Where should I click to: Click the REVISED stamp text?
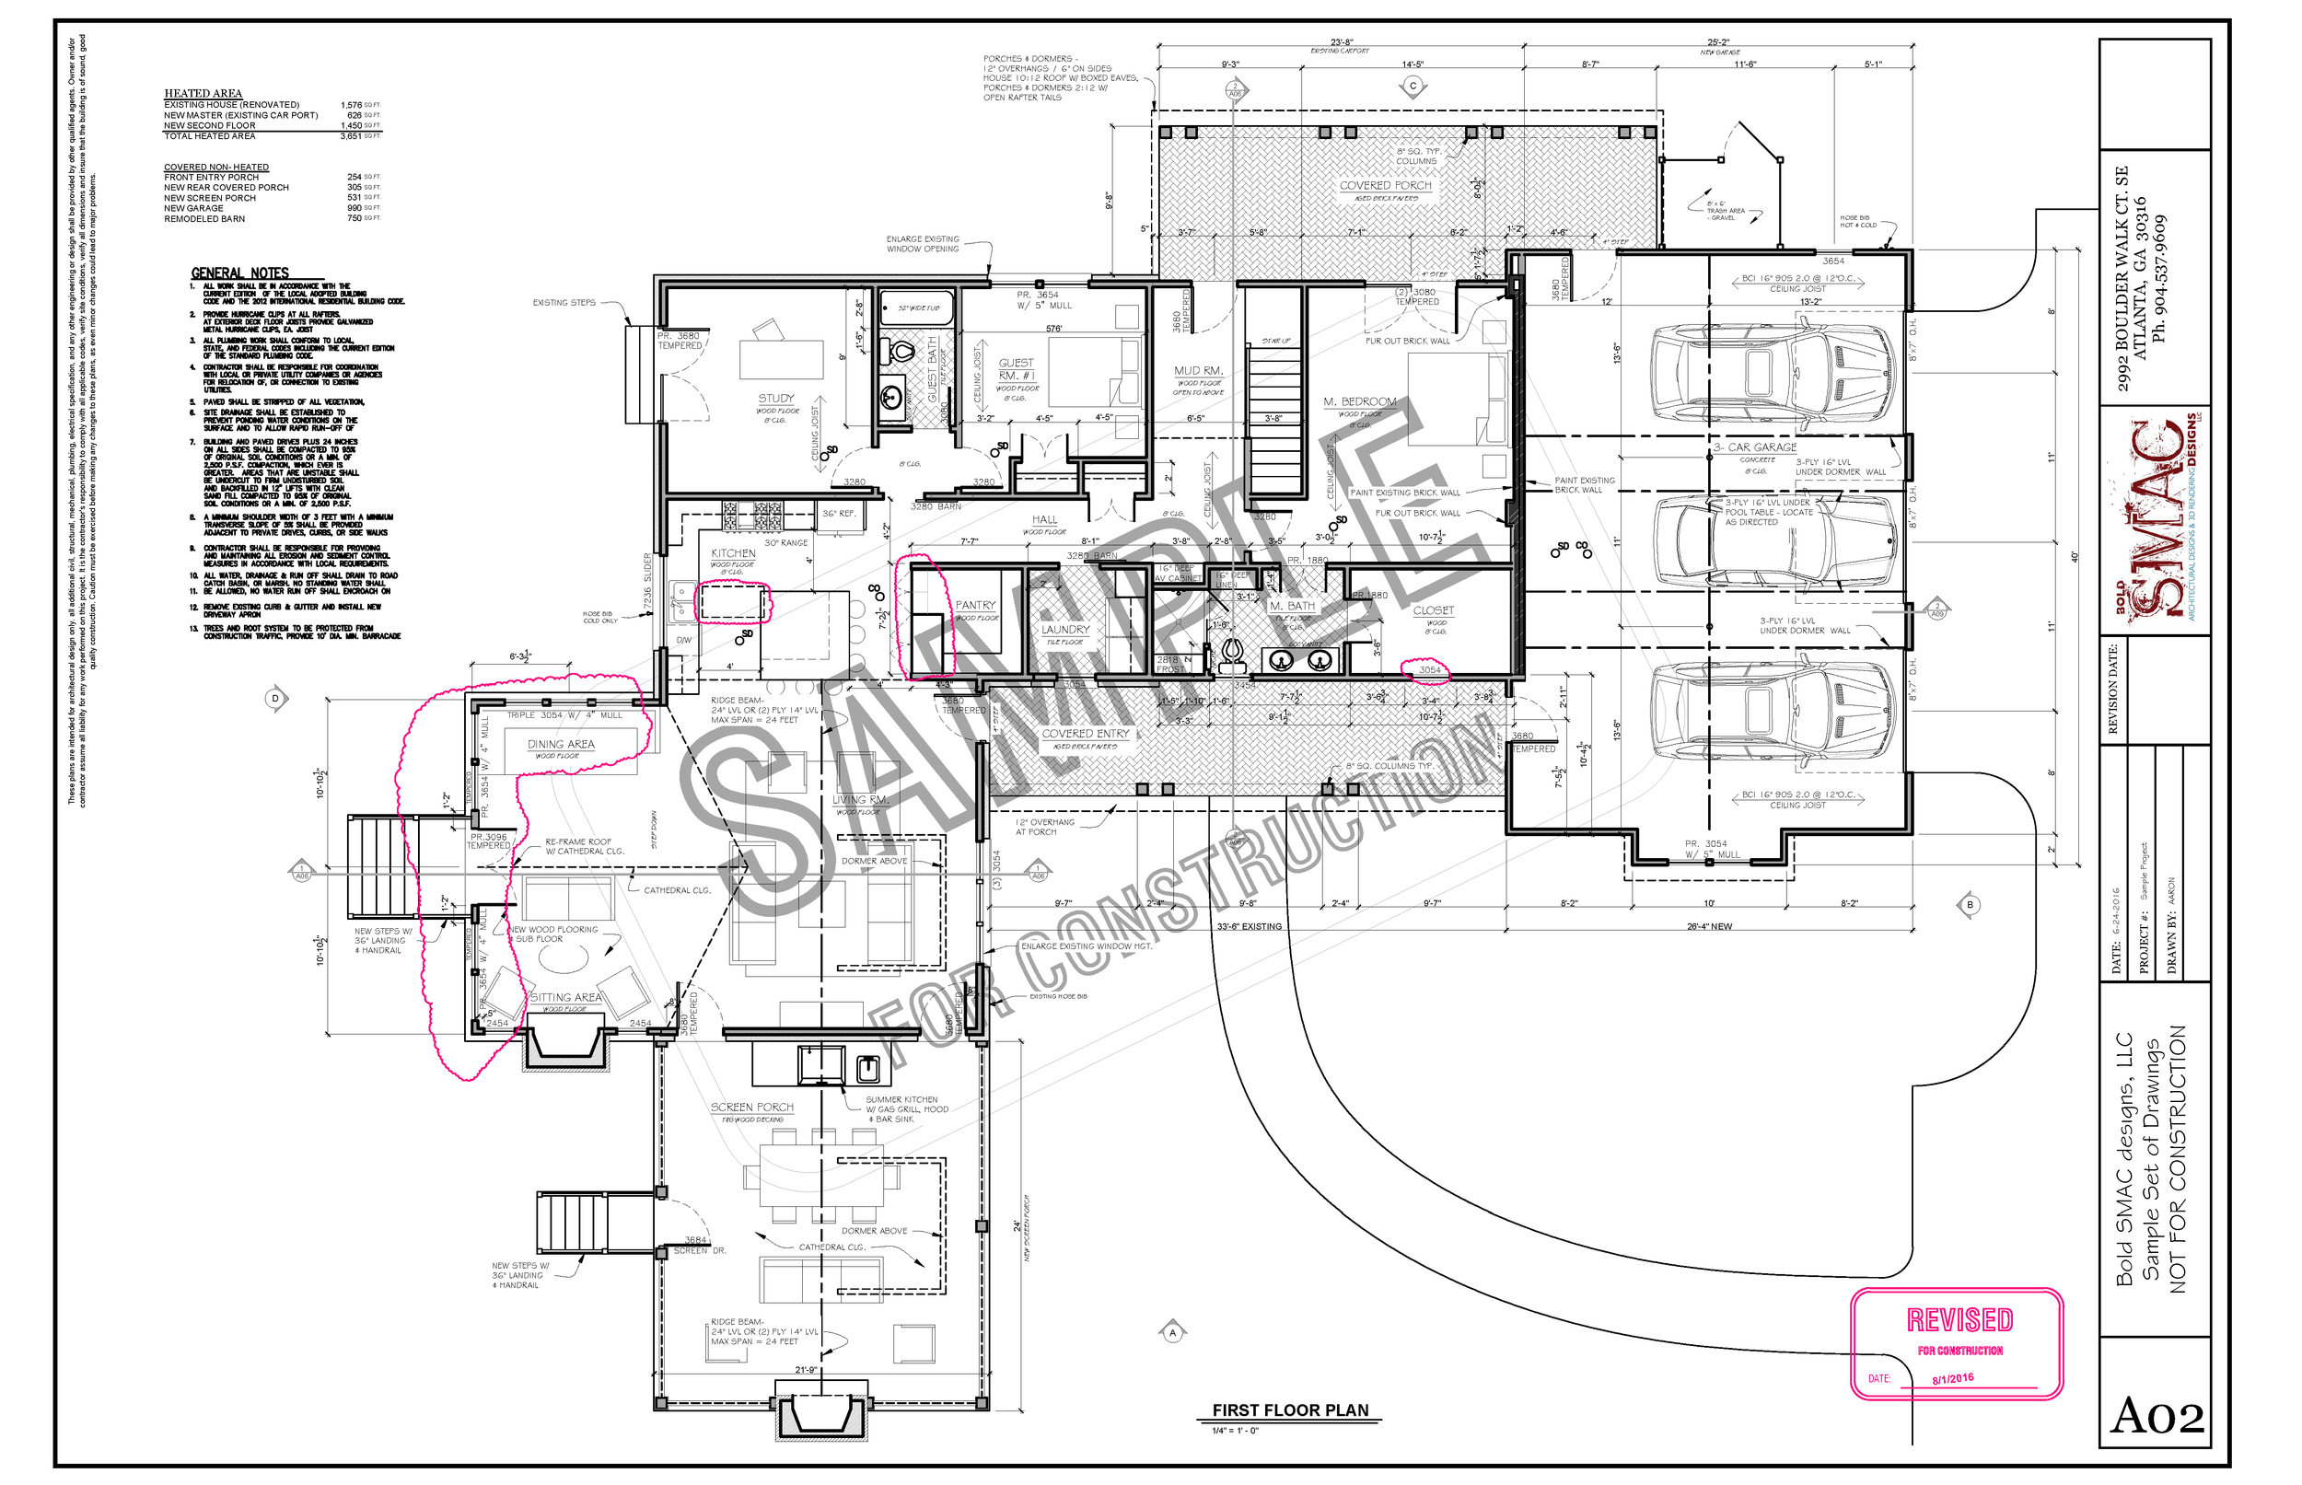pyautogui.click(x=1959, y=1319)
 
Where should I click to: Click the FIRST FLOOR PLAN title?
pyautogui.click(x=1289, y=1410)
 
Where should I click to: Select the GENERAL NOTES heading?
pyautogui.click(x=239, y=273)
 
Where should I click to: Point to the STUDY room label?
pyautogui.click(x=775, y=399)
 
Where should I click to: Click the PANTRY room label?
pyautogui.click(x=974, y=606)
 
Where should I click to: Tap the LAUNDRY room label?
pyautogui.click(x=1064, y=629)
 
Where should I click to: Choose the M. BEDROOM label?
pyautogui.click(x=1359, y=401)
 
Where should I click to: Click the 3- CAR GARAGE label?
pyautogui.click(x=1754, y=447)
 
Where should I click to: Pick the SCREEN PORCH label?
pyautogui.click(x=752, y=1107)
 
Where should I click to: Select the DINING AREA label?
pyautogui.click(x=561, y=745)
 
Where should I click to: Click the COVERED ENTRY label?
pyautogui.click(x=1085, y=734)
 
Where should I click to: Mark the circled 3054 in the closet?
pyautogui.click(x=1428, y=669)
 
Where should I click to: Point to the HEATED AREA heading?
pyautogui.click(x=203, y=94)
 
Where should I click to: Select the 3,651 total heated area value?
pyautogui.click(x=350, y=136)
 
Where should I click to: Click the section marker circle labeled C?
pyautogui.click(x=1412, y=86)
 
